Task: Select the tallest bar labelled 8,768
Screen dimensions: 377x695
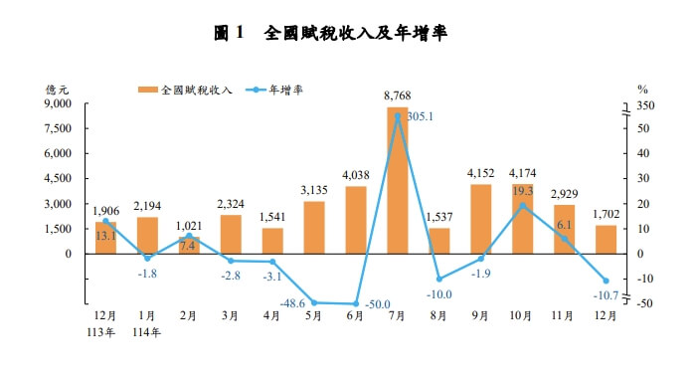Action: [x=397, y=179]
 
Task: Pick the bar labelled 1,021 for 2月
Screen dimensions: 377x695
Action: [x=189, y=245]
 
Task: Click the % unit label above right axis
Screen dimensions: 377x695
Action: [x=641, y=89]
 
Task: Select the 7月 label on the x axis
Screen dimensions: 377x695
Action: [x=397, y=315]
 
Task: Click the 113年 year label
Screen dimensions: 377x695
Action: [x=105, y=332]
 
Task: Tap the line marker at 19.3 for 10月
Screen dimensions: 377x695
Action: [x=523, y=206]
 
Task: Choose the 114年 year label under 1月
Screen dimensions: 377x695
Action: [x=147, y=332]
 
